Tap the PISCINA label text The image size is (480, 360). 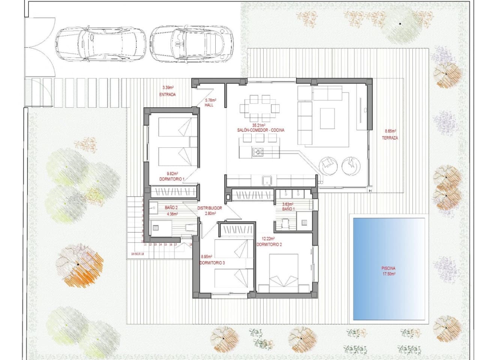[x=388, y=268]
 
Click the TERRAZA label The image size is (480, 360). [x=390, y=138]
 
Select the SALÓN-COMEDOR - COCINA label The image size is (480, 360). [x=261, y=130]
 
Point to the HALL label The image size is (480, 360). [x=209, y=105]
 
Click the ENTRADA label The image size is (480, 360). [x=167, y=94]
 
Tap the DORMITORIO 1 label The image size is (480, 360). [x=172, y=179]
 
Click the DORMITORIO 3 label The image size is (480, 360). [x=212, y=263]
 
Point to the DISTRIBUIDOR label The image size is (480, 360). [x=210, y=208]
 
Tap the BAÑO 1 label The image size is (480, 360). [x=288, y=209]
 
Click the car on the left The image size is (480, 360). [x=100, y=43]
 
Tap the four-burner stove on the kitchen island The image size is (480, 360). [x=258, y=152]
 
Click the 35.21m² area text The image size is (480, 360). [x=259, y=125]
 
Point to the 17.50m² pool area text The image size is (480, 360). [x=388, y=274]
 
